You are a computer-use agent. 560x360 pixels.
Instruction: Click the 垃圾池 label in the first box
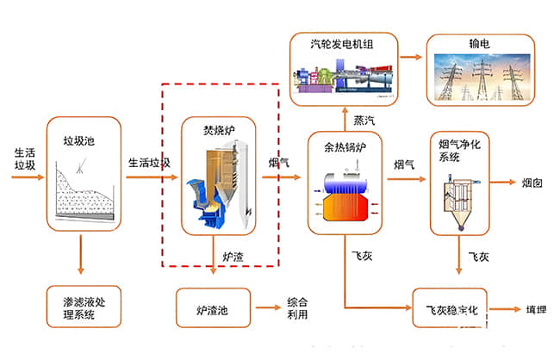coord(78,140)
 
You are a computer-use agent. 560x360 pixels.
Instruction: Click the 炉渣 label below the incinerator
coord(235,257)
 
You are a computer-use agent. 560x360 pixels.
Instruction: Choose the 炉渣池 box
coord(213,306)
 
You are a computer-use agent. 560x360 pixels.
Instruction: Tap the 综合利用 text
coord(296,308)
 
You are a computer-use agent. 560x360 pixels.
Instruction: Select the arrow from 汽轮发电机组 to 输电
coord(410,57)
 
